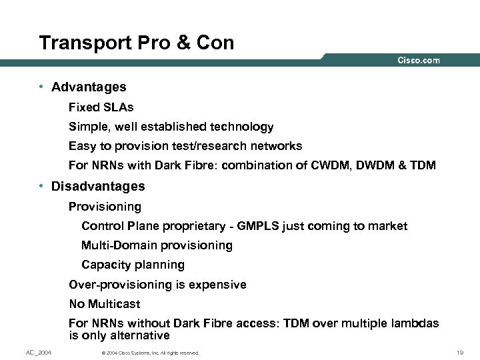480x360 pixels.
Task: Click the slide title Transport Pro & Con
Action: pos(137,43)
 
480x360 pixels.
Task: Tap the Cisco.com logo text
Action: pos(419,61)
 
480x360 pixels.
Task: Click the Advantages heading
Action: pos(89,87)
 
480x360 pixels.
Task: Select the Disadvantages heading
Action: pos(98,186)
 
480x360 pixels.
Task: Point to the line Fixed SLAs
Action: pos(101,107)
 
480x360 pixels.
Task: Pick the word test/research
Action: pos(196,146)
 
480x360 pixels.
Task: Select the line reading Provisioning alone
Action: pos(105,207)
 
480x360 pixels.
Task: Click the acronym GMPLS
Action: pos(255,226)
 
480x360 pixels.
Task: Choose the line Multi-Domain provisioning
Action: pos(157,245)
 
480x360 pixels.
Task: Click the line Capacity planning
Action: pos(133,265)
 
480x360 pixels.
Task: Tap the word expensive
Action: pos(217,285)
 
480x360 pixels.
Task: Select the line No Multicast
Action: pos(105,304)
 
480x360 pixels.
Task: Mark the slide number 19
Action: pos(459,352)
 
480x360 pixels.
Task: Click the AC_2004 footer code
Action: pos(39,352)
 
